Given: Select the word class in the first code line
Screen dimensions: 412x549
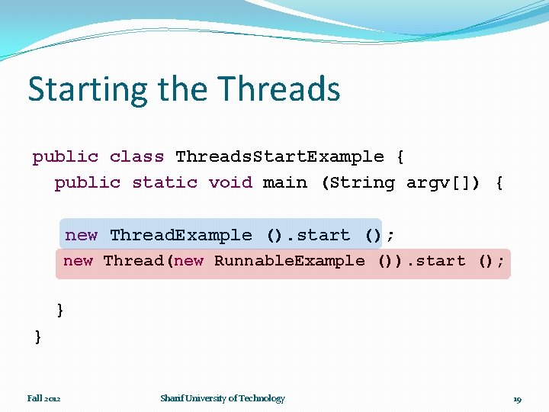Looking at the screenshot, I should (136, 157).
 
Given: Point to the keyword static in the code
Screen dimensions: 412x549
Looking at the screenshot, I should (165, 183).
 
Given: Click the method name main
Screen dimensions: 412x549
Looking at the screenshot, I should (284, 183).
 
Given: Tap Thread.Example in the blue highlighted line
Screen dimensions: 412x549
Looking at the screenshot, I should (181, 235).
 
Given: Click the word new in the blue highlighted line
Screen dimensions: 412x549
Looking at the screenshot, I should (81, 235).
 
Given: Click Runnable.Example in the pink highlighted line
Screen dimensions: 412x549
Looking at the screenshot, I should (289, 261).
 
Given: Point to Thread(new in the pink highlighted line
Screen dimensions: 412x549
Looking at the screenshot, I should (153, 261).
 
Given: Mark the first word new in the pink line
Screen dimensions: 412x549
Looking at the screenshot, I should (78, 261).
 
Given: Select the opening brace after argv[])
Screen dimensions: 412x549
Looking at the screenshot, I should (499, 183).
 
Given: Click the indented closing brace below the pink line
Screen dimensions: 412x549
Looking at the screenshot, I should (60, 310).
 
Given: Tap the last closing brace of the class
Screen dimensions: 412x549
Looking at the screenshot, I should (38, 336).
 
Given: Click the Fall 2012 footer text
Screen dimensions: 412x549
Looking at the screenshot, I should (44, 398).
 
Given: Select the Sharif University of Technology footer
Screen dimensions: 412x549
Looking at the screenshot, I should (222, 398).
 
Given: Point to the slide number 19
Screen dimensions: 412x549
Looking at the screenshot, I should (517, 399).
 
